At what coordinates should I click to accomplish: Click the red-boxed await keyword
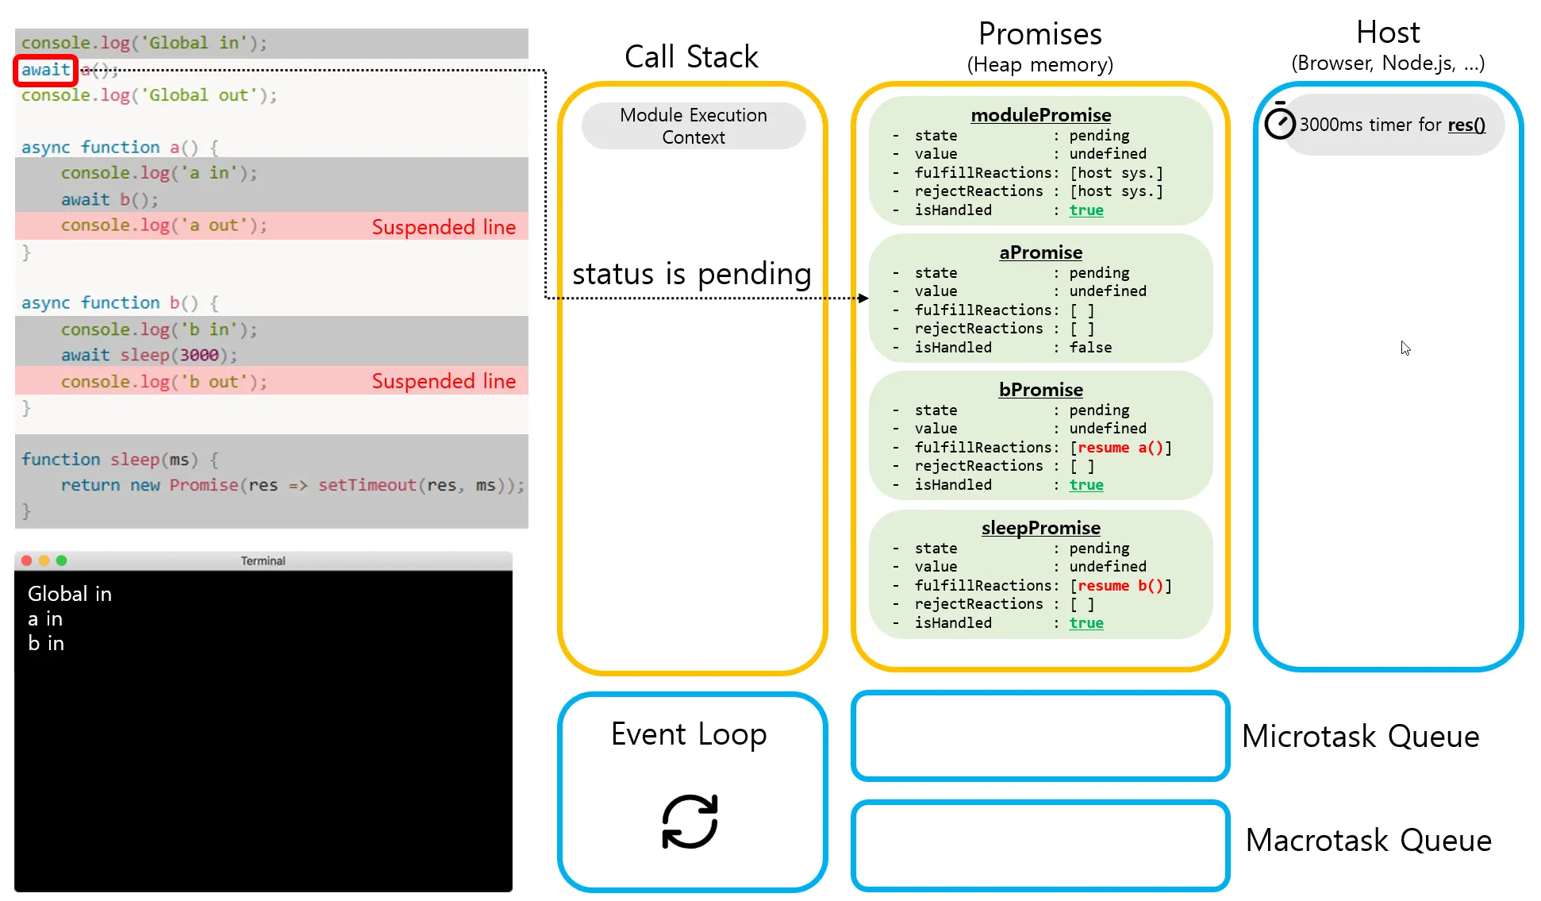click(x=45, y=70)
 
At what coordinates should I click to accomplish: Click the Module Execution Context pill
click(x=693, y=126)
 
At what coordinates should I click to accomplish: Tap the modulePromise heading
click(x=1040, y=115)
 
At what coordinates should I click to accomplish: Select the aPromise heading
click(x=1040, y=252)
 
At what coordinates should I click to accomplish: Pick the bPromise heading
click(x=1040, y=390)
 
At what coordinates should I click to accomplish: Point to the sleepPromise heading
click(x=1040, y=528)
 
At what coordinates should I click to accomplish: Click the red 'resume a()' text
click(x=1120, y=448)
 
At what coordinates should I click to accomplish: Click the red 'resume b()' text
click(x=1120, y=586)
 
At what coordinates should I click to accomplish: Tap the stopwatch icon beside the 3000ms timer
click(x=1279, y=122)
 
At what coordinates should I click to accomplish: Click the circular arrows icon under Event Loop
click(x=690, y=822)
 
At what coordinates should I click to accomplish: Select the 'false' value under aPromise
click(x=1090, y=348)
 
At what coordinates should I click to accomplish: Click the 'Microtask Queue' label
click(x=1360, y=737)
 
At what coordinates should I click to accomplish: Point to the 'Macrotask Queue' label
click(x=1368, y=841)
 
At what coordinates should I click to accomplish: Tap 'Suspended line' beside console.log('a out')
click(x=444, y=227)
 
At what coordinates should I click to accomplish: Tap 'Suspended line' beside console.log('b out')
click(x=444, y=381)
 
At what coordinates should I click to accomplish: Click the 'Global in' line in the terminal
click(x=70, y=594)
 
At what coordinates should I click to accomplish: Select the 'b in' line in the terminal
click(x=46, y=643)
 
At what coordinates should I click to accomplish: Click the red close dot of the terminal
click(x=26, y=560)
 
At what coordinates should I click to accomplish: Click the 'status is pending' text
click(x=691, y=274)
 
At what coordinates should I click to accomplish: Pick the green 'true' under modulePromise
click(x=1086, y=210)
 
